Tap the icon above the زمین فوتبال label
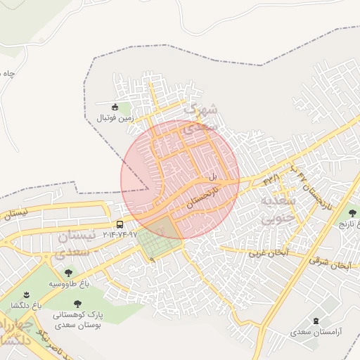point(115,106)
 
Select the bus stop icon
point(119,224)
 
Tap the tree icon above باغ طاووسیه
point(68,272)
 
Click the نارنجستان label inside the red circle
point(203,192)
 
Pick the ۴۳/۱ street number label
point(271,181)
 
